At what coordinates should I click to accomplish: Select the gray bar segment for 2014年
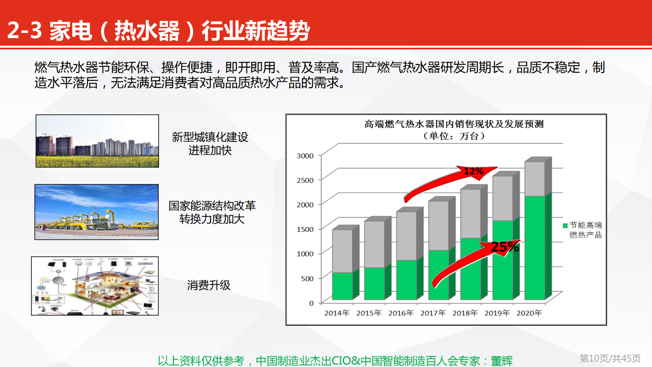pos(342,251)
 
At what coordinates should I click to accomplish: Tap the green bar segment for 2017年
pos(438,275)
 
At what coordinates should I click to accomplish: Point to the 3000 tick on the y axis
pos(305,156)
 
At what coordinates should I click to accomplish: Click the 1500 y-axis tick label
pos(305,229)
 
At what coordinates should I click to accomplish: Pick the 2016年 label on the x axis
pos(401,313)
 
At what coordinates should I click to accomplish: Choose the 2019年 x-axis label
pos(497,313)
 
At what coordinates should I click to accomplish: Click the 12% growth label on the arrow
pos(473,171)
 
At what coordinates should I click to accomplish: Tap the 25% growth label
pos(505,247)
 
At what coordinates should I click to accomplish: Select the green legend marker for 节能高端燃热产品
pos(565,225)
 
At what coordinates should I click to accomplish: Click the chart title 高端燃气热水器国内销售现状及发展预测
pos(454,124)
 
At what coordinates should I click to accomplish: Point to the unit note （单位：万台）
pos(454,136)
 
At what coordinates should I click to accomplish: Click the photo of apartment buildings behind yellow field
pos(97,141)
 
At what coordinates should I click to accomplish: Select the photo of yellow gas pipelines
pos(97,212)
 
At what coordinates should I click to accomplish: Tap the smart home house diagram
pos(95,286)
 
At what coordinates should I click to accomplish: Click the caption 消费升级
pos(209,285)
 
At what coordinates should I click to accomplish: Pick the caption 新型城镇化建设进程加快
pos(210,144)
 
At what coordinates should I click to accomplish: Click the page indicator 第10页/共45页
pos(610,358)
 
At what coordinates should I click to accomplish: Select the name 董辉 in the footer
pos(502,361)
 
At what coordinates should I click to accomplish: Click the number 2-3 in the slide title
pos(25,30)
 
